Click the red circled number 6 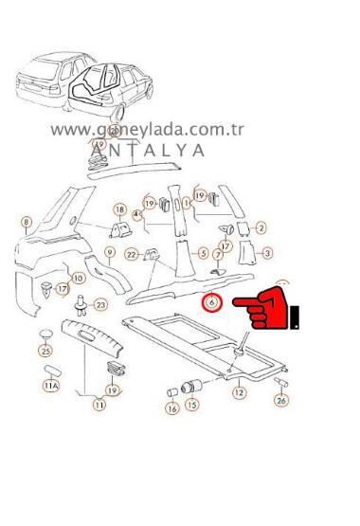(212, 303)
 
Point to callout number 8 (27, 223)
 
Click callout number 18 (119, 209)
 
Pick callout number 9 (110, 252)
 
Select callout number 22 (132, 254)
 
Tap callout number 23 (101, 304)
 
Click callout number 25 (45, 351)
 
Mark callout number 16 (171, 408)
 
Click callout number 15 (192, 405)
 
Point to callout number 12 (239, 390)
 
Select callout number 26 (280, 401)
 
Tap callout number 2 (261, 227)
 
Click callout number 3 (268, 253)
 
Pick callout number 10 (78, 279)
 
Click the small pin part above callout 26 (280, 380)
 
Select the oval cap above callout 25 (44, 333)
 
